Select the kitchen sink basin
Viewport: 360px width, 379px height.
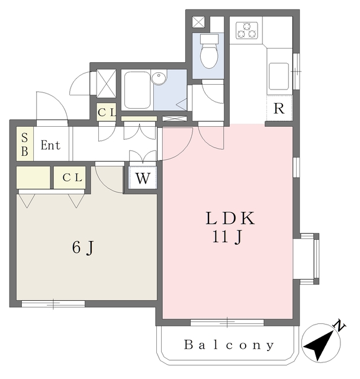279,75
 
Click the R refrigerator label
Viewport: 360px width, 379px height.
279,108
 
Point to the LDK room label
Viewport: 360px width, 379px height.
230,219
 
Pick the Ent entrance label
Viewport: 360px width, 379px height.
50,145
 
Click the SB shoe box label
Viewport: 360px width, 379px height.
25,144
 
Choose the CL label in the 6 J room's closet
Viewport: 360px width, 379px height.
70,176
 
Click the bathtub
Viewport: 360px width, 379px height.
136,90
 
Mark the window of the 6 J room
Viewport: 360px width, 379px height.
53,304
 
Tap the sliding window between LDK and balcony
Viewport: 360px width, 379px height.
227,322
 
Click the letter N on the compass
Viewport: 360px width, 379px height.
339,325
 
